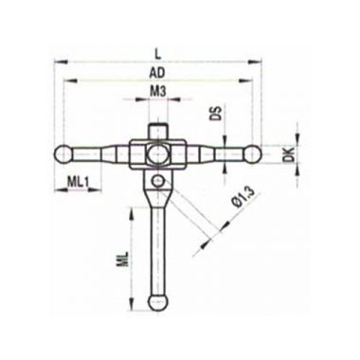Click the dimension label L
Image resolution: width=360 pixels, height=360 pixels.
(158, 54)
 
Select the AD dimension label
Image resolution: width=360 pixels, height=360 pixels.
(157, 73)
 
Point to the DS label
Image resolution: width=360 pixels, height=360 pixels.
(217, 115)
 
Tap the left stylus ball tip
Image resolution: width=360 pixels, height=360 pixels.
(63, 153)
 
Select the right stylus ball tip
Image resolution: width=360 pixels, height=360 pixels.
(253, 153)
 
